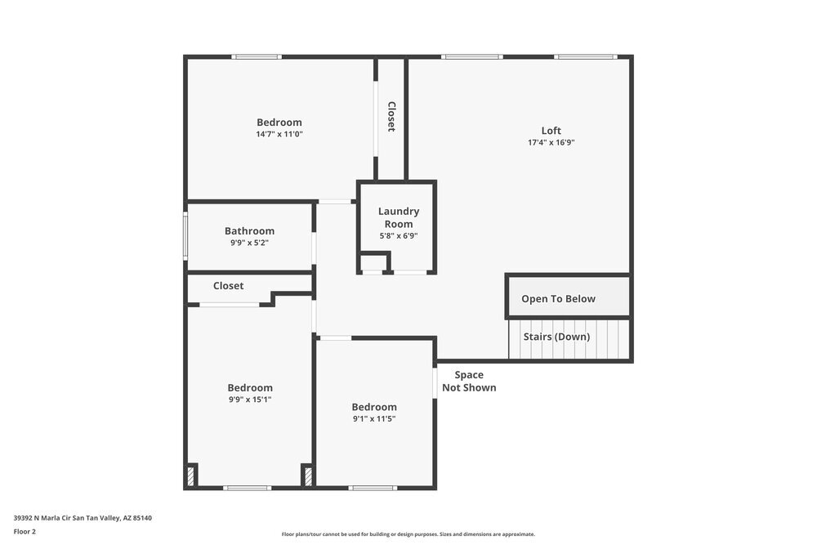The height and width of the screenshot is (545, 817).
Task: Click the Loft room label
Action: coord(551,131)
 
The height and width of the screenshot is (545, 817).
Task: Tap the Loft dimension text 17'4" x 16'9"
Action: coord(551,142)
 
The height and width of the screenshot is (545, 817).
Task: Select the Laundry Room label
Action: coord(398,217)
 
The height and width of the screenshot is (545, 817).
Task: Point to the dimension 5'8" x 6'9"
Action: coord(398,236)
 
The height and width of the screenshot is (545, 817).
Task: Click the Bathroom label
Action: coord(249,231)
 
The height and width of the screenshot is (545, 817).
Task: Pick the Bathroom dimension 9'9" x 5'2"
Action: coord(249,243)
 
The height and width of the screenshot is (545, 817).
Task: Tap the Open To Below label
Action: coord(558,299)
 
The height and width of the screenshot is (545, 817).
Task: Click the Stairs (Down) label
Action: coord(556,337)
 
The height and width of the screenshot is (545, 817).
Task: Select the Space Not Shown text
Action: coord(469,382)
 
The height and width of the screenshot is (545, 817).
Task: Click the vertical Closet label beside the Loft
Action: coord(391,117)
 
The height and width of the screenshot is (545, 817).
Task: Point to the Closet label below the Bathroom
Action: coord(228,286)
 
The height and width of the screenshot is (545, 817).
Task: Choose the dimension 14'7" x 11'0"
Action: coord(279,134)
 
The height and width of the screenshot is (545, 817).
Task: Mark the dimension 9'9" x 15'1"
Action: coord(249,400)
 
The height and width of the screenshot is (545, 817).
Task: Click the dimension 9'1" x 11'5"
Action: coord(374,419)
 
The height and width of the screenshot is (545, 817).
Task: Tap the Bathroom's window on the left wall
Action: coord(185,236)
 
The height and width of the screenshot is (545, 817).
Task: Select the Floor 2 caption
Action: coord(25,531)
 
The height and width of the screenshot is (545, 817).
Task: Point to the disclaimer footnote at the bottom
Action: coord(408,534)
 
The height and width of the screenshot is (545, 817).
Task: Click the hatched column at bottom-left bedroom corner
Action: coord(192,476)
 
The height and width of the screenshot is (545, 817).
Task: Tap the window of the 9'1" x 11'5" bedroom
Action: coord(373,488)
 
